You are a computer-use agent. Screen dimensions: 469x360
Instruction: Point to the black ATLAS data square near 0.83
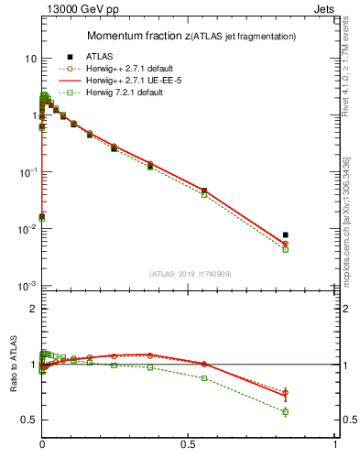(286, 235)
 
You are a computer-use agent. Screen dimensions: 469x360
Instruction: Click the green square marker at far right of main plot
(286, 249)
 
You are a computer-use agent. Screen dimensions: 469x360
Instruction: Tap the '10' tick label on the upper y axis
(30, 59)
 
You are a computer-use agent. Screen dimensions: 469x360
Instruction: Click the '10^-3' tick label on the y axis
(27, 286)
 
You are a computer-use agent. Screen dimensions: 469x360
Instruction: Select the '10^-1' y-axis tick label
(27, 172)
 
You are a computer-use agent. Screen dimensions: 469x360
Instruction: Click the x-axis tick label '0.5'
(189, 445)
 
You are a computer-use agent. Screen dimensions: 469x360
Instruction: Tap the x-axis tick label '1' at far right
(336, 445)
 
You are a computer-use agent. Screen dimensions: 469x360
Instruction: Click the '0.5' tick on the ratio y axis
(28, 420)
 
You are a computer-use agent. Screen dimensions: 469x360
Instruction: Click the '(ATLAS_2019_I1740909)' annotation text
(189, 273)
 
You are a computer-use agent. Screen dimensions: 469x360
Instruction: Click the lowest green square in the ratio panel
(286, 412)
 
